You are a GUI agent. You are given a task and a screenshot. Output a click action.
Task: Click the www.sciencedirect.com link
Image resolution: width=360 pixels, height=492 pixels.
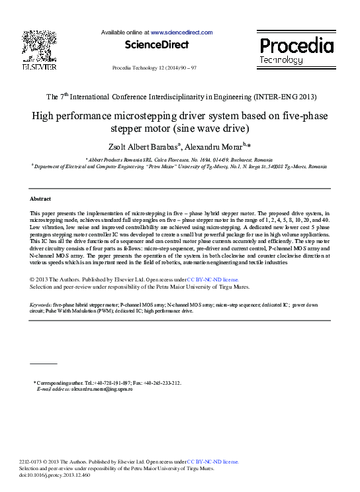[181, 32]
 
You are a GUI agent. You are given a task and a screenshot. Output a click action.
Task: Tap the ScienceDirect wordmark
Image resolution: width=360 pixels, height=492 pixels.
[156, 45]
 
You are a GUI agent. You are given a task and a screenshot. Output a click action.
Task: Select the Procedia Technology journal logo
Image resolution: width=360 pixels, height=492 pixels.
[295, 50]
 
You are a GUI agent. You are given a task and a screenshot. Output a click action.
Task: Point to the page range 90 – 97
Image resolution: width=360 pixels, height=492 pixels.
[185, 68]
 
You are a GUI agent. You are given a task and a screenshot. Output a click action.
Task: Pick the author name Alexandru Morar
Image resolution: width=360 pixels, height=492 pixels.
[215, 146]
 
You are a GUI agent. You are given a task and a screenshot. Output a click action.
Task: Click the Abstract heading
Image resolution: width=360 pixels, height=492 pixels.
[40, 199]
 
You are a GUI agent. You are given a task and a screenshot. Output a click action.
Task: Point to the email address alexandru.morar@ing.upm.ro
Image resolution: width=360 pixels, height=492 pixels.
[102, 389]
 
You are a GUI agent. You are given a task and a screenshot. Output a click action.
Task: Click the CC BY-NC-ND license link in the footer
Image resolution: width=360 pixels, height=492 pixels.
[212, 462]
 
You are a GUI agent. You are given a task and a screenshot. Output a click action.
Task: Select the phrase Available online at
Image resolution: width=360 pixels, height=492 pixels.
[125, 32]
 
